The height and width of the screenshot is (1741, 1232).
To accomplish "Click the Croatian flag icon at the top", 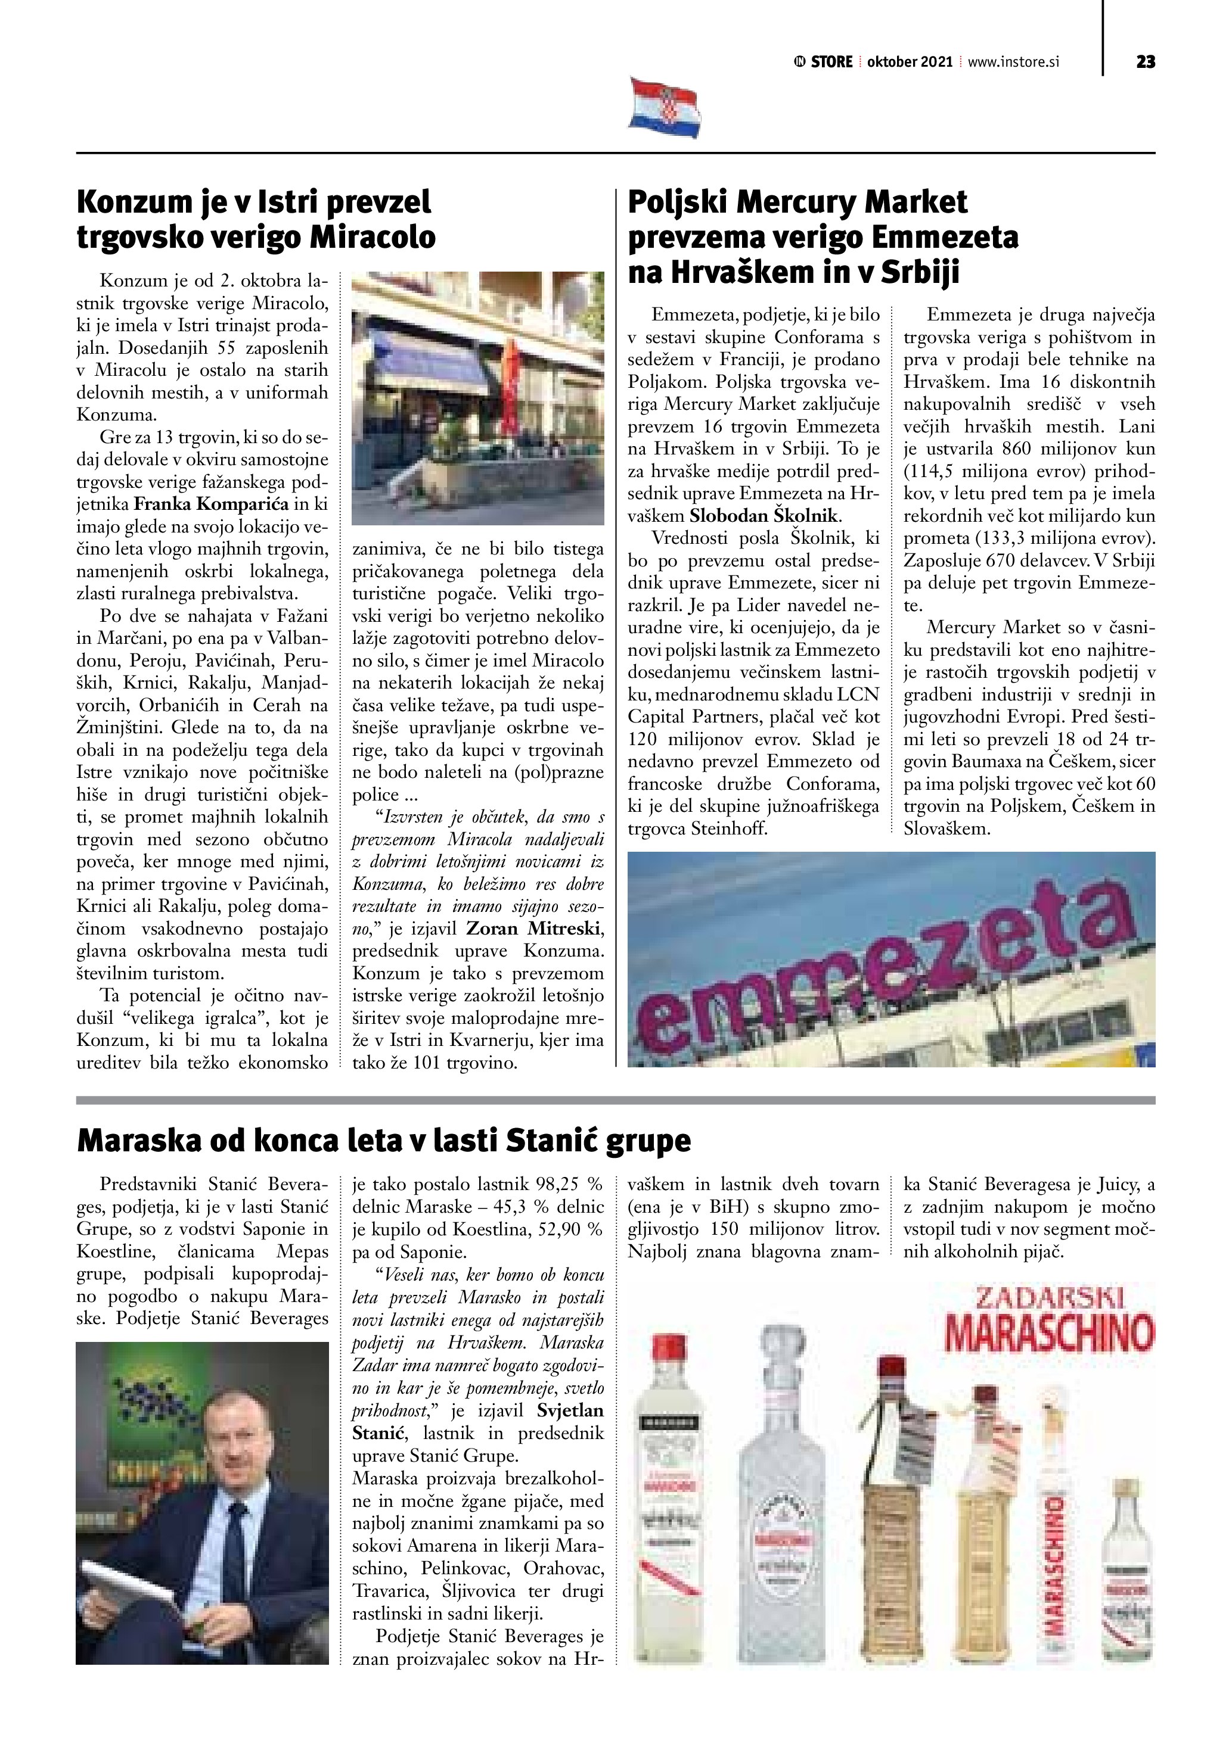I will pyautogui.click(x=665, y=107).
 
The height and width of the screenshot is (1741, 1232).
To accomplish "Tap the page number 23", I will pyautogui.click(x=1146, y=62).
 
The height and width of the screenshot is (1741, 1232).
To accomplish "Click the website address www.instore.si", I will pyautogui.click(x=1013, y=62).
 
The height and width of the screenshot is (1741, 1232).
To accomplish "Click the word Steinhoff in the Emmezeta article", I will pyautogui.click(x=729, y=829).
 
